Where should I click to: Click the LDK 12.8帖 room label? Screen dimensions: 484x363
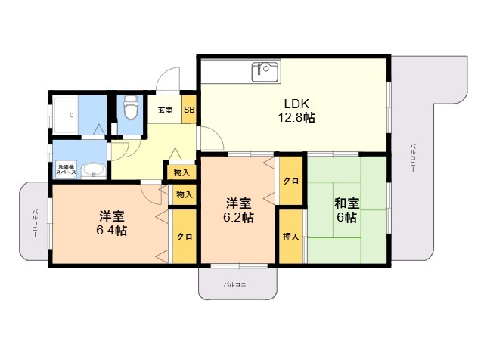coord(296,110)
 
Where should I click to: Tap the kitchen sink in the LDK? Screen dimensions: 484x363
coord(265,72)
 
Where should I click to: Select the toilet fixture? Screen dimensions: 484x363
coord(130,107)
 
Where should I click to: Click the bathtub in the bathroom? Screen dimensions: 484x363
coord(65,116)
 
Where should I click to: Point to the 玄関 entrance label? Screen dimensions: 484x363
coord(165,110)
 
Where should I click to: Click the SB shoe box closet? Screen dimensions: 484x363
coord(189,109)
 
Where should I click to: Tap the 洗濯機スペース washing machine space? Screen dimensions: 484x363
coord(66,169)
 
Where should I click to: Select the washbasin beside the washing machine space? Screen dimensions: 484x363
coord(93,171)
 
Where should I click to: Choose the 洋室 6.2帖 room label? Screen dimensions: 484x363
coord(239,210)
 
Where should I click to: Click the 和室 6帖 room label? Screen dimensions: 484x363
coord(346,210)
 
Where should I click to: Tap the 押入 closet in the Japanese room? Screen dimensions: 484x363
coord(291,237)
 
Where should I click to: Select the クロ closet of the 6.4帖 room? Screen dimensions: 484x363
coord(185,237)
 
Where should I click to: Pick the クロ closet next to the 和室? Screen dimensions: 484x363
coord(291,181)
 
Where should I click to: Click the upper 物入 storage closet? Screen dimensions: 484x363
coord(181,172)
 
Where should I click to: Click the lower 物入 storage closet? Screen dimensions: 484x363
coord(185,194)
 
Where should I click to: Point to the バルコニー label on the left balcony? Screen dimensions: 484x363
coord(36,223)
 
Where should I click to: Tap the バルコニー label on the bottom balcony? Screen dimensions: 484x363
coord(237,284)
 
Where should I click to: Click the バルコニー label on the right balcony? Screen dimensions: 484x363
coord(413,158)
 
